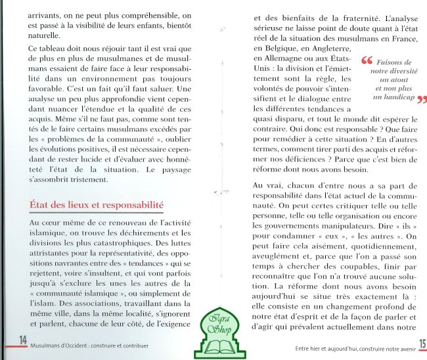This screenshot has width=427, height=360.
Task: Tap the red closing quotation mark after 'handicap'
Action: point(420,101)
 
